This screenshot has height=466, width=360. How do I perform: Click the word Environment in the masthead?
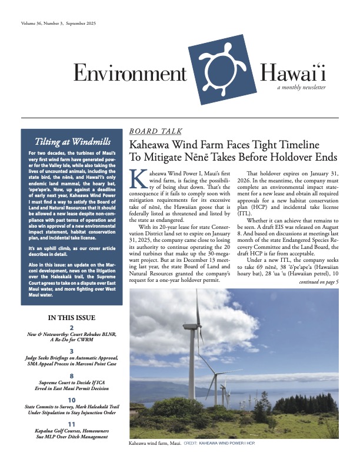pos(129,73)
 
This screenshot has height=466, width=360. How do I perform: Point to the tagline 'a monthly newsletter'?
pos(301,87)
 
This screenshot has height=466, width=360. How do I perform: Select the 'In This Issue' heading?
pos(72,318)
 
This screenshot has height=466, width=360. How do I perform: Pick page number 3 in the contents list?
pos(72,351)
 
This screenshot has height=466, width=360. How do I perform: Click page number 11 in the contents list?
pos(72,423)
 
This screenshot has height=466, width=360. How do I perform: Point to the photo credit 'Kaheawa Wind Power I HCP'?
pos(228,442)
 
